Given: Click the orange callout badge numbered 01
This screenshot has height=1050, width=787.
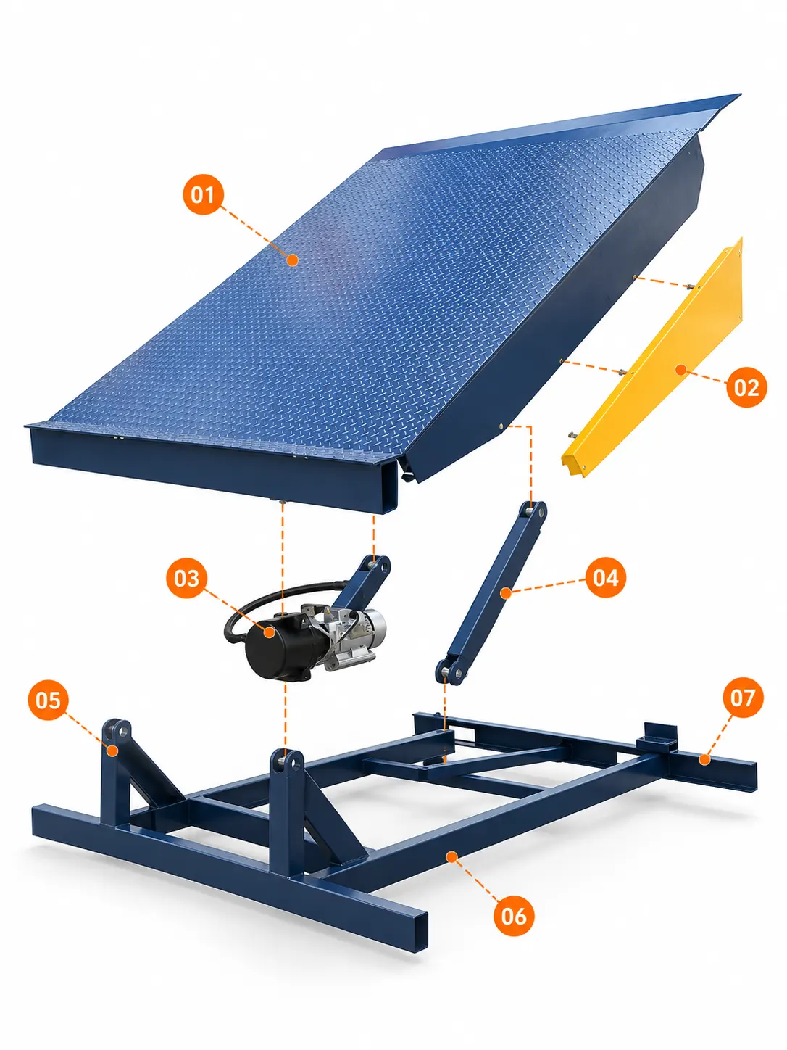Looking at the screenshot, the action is pyautogui.click(x=203, y=194).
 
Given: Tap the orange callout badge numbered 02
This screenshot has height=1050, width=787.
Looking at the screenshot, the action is pyautogui.click(x=746, y=387).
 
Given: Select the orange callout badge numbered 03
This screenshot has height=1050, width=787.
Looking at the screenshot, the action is pyautogui.click(x=186, y=579).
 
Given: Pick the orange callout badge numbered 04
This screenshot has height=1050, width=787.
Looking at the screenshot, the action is pyautogui.click(x=605, y=577).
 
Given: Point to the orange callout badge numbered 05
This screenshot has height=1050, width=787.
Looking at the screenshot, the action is pyautogui.click(x=48, y=700).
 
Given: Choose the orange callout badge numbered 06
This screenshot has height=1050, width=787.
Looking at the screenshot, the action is pyautogui.click(x=514, y=917).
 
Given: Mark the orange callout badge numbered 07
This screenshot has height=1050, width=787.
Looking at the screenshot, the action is pyautogui.click(x=743, y=698).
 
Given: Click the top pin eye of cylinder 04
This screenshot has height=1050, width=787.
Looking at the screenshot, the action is pyautogui.click(x=536, y=511).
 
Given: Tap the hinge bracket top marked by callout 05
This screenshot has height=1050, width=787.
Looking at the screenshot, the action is pyautogui.click(x=117, y=730).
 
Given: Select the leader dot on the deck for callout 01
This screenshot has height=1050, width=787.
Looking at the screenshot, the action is pyautogui.click(x=293, y=260).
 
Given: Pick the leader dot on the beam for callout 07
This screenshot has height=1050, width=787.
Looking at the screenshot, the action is pyautogui.click(x=704, y=759).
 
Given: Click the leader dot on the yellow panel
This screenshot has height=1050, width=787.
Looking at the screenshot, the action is pyautogui.click(x=680, y=369).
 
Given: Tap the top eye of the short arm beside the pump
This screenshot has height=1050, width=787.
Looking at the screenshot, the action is pyautogui.click(x=378, y=566).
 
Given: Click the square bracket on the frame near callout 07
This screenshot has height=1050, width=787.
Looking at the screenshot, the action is pyautogui.click(x=660, y=737).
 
